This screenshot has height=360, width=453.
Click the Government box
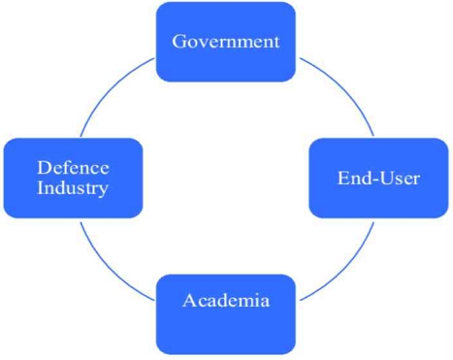pos(226,41)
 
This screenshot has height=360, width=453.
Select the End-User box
pos(378,178)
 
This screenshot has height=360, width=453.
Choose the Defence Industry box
pos(73,178)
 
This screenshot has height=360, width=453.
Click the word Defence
pos(73,168)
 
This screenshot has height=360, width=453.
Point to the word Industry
pos(73,188)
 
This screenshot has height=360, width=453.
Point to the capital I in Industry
pos(42,188)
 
